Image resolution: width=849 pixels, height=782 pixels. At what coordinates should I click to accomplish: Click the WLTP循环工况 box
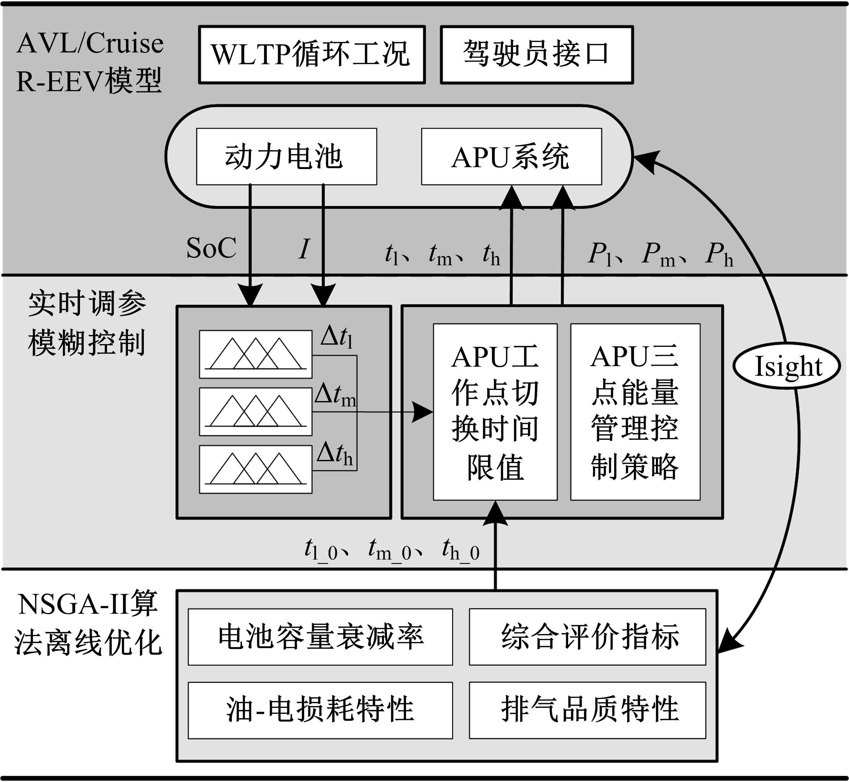pos(312,55)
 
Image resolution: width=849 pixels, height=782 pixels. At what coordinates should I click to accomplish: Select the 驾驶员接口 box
pos(536,55)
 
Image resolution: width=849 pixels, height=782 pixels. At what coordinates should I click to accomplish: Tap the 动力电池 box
pos(286,157)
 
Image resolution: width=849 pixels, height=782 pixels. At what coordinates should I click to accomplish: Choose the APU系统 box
pos(511,157)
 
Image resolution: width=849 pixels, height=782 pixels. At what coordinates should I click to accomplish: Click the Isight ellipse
pos(786,366)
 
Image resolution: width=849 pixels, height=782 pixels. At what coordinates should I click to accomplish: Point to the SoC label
pos(211,248)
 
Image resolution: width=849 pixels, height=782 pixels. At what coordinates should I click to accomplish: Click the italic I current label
pos(304,249)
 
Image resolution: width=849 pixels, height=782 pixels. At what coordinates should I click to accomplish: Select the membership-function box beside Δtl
pos(256,354)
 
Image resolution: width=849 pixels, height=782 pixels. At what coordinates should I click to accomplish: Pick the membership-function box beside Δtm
pos(256,412)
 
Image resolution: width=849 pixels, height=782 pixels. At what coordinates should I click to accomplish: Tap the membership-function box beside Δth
pos(256,469)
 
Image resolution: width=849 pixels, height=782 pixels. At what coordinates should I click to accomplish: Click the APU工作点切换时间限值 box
pos(495,412)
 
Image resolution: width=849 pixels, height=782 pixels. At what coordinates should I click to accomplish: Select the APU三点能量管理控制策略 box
pos(635,412)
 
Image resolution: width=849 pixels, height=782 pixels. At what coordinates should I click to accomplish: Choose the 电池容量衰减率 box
pos(320,637)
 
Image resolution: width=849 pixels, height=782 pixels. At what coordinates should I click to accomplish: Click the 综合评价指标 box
pos(587,637)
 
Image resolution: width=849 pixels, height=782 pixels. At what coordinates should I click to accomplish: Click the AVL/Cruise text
pos(90,43)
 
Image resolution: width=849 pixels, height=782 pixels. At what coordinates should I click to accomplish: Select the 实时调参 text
pos(87,303)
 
